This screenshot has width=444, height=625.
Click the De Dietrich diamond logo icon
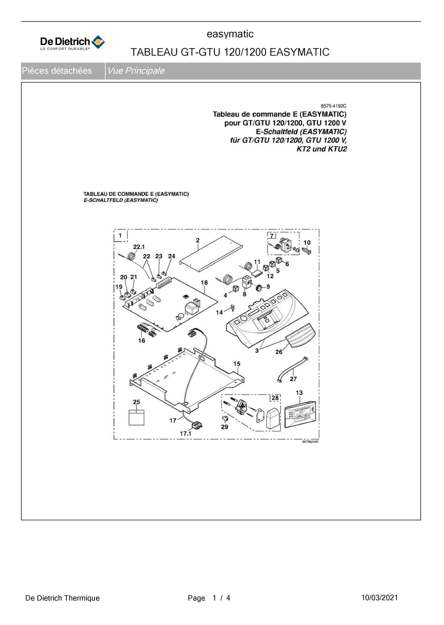[x=98, y=42]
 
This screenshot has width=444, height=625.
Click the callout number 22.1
[x=139, y=247]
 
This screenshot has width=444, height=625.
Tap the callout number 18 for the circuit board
[x=204, y=283]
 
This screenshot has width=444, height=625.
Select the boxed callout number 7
[x=272, y=236]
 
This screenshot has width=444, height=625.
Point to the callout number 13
[x=299, y=393]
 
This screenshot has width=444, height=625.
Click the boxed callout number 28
[x=275, y=398]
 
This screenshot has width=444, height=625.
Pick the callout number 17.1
[x=185, y=434]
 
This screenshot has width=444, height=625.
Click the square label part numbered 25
[x=136, y=418]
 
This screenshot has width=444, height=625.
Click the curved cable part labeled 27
[x=293, y=370]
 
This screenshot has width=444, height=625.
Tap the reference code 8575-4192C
[x=333, y=106]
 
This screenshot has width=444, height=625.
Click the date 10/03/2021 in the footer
[x=379, y=598]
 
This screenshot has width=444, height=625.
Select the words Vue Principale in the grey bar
[x=136, y=71]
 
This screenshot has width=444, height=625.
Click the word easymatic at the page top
[x=230, y=34]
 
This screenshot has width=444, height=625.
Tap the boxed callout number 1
[x=120, y=235]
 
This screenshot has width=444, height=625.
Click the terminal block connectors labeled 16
[x=147, y=330]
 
